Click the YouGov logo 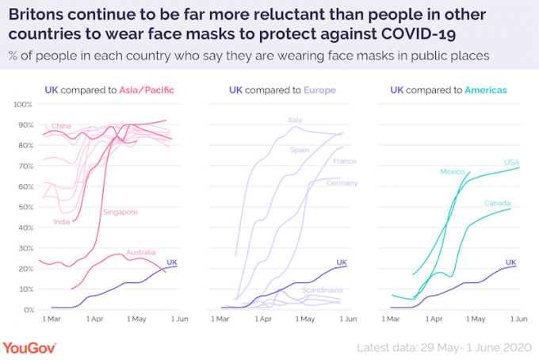click(34, 347)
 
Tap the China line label click(61, 126)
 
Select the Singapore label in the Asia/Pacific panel click(120, 212)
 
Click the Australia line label click(142, 252)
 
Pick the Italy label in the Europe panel click(295, 120)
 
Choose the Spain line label click(300, 149)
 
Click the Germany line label click(342, 182)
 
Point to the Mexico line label click(453, 171)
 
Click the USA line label click(511, 163)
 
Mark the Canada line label click(497, 203)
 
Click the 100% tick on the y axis click(21, 105)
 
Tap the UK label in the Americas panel click(510, 262)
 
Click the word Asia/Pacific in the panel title click(147, 90)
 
